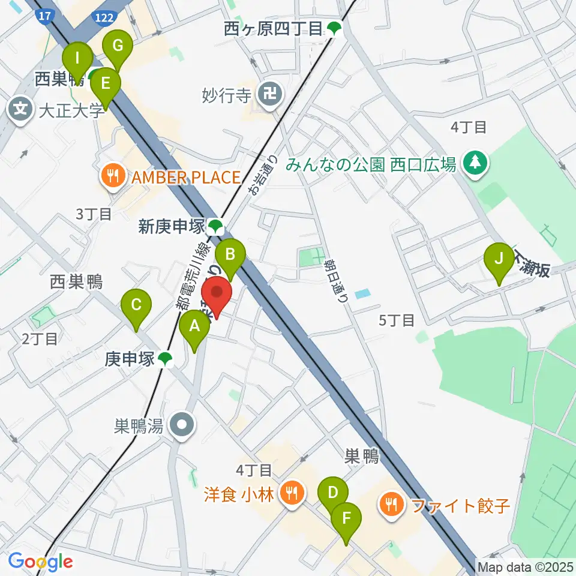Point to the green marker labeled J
(x=499, y=260)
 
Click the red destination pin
(x=216, y=295)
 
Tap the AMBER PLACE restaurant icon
(x=112, y=176)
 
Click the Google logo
(x=41, y=562)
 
